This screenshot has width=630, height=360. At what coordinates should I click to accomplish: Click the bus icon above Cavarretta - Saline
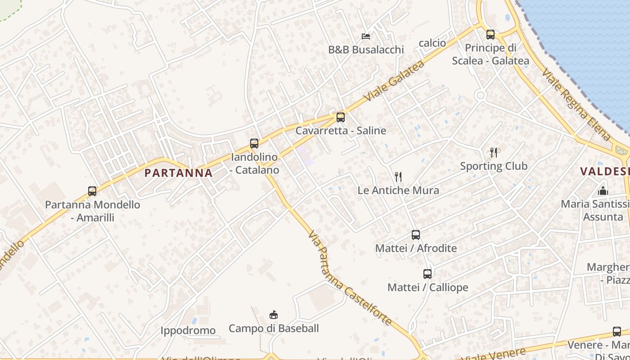pyautogui.click(x=341, y=117)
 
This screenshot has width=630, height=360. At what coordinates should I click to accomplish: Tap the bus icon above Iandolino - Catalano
pyautogui.click(x=254, y=144)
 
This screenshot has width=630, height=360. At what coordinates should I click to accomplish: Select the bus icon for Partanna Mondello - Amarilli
pyautogui.click(x=92, y=191)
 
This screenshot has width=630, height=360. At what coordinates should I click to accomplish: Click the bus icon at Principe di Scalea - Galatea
pyautogui.click(x=490, y=34)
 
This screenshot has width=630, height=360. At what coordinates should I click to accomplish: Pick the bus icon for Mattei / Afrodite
pyautogui.click(x=416, y=234)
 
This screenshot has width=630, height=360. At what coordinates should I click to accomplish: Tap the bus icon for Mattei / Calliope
pyautogui.click(x=427, y=274)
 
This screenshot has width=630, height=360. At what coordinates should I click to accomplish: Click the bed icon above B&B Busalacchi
pyautogui.click(x=366, y=36)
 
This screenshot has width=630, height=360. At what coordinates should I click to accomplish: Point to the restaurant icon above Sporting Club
pyautogui.click(x=494, y=153)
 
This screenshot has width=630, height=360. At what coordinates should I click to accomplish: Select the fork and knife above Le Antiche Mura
pyautogui.click(x=398, y=176)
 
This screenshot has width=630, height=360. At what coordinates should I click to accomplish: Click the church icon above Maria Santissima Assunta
pyautogui.click(x=603, y=191)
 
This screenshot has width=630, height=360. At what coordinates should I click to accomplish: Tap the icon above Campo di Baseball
pyautogui.click(x=273, y=315)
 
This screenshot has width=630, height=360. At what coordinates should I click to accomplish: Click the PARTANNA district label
pyautogui.click(x=179, y=173)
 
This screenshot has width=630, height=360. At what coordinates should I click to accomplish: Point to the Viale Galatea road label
pyautogui.click(x=395, y=81)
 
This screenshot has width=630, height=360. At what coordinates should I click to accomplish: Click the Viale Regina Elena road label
pyautogui.click(x=576, y=104)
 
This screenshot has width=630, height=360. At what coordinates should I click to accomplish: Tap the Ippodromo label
pyautogui.click(x=188, y=331)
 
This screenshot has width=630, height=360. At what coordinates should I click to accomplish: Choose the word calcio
pyautogui.click(x=432, y=43)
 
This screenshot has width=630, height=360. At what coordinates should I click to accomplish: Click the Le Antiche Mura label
pyautogui.click(x=398, y=190)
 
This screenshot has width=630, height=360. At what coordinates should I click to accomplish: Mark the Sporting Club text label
pyautogui.click(x=494, y=166)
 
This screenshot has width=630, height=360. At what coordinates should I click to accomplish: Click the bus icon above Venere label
pyautogui.click(x=617, y=332)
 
